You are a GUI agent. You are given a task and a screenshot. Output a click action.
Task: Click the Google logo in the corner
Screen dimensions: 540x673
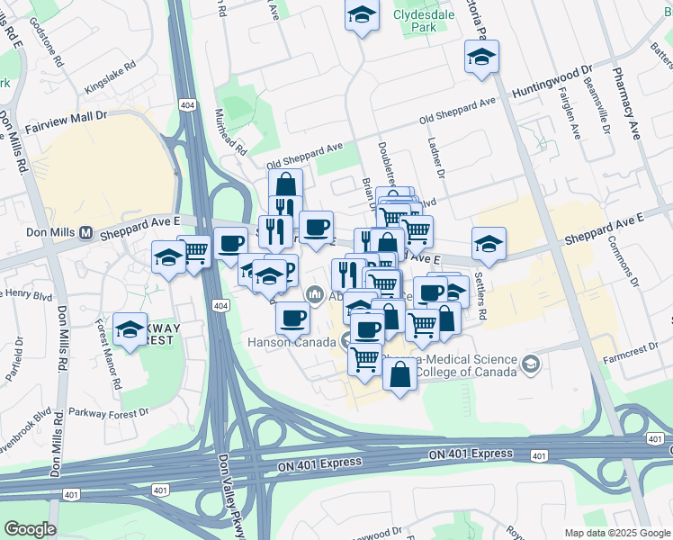(30, 528)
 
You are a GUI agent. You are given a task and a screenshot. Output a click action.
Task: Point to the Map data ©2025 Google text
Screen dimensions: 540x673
(616, 532)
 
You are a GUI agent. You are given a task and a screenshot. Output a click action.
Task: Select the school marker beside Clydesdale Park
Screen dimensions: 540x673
(362, 16)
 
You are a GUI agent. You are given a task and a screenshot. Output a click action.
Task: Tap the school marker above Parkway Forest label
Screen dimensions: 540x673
(130, 329)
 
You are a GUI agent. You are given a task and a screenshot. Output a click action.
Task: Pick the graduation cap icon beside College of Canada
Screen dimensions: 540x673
(531, 364)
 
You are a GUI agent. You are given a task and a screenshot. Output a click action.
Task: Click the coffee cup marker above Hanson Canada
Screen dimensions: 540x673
(292, 317)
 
